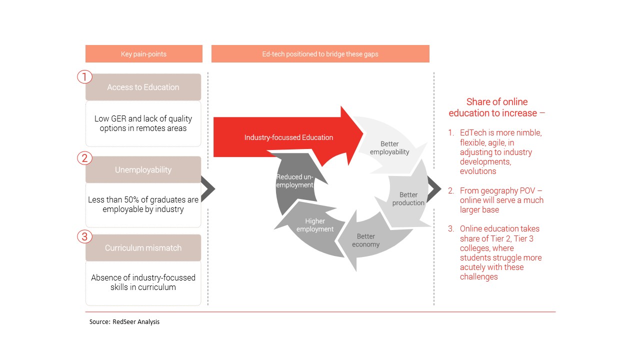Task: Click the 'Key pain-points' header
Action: [x=143, y=54]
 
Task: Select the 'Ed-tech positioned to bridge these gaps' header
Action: [x=320, y=54]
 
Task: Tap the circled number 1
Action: [x=85, y=77]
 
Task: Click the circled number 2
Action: [x=85, y=158]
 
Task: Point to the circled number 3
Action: [x=85, y=236]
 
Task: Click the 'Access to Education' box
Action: [x=143, y=87]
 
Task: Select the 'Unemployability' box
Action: [x=143, y=170]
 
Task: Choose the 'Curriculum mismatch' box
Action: [x=143, y=248]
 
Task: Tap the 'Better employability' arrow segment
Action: [x=389, y=148]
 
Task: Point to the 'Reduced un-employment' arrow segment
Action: [x=294, y=180]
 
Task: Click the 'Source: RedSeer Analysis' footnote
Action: [x=124, y=322]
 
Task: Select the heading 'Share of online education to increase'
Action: [x=496, y=107]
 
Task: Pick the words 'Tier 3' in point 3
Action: [x=522, y=238]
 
